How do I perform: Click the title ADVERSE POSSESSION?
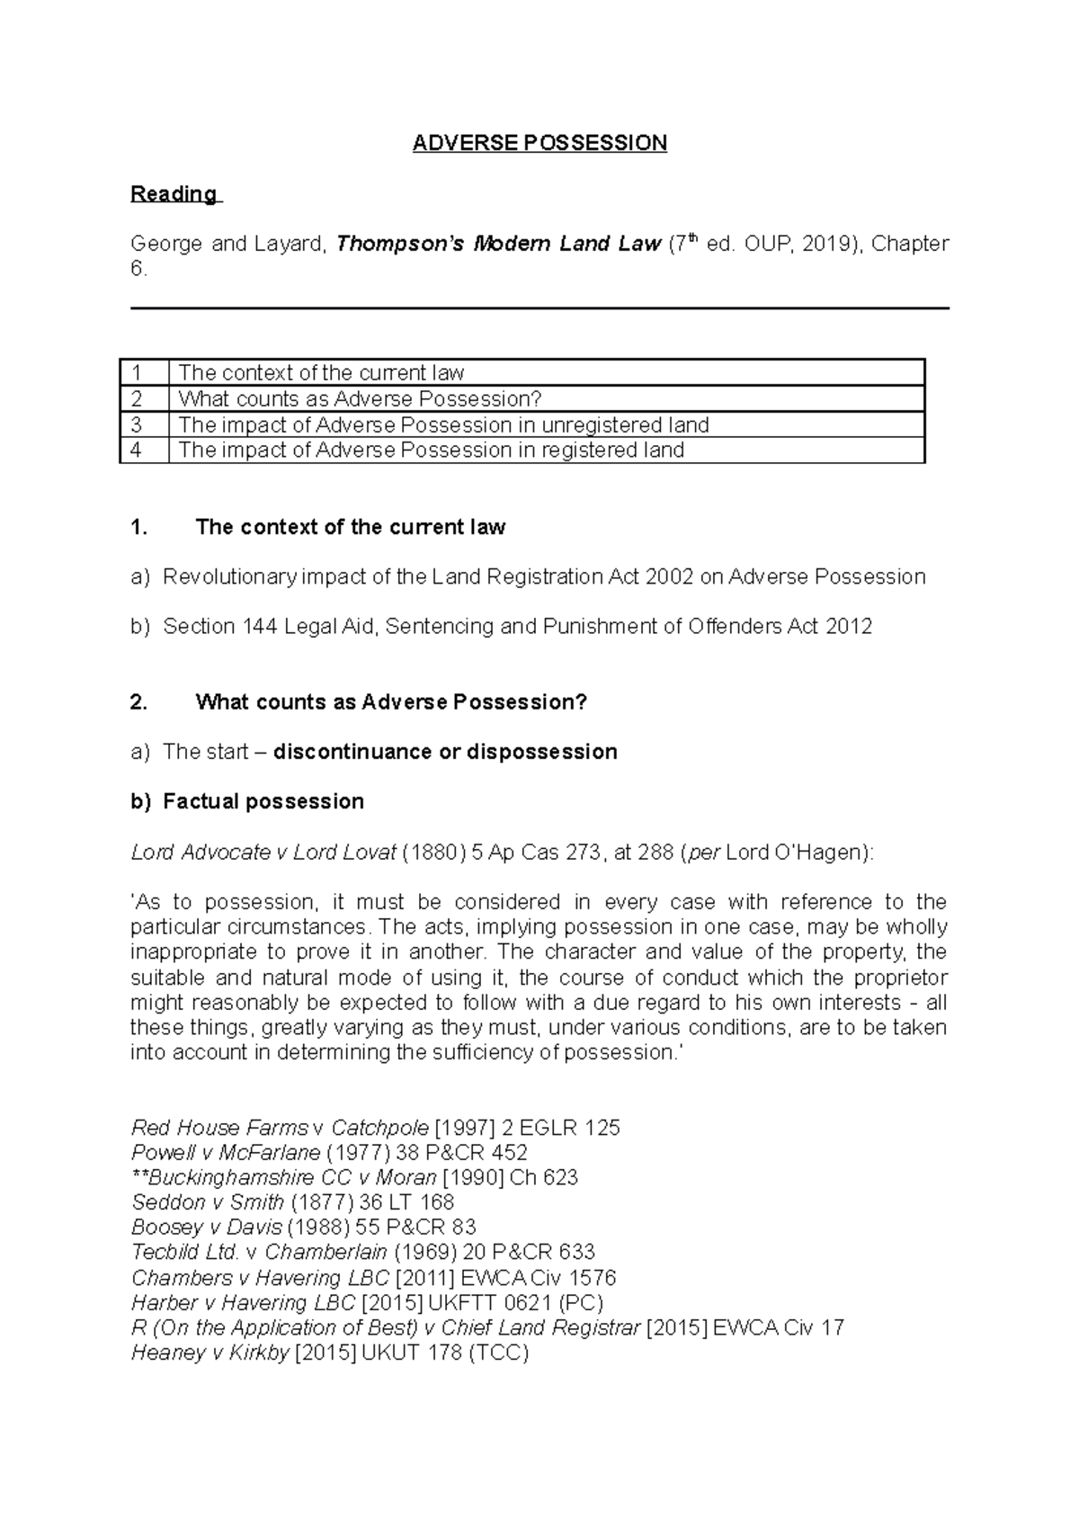(x=539, y=143)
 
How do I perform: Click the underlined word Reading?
(x=174, y=194)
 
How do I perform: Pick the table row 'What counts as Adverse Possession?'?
(x=360, y=398)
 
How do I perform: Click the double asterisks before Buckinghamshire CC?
(x=139, y=1177)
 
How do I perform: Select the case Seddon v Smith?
(x=208, y=1202)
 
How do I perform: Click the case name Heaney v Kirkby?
(x=210, y=1353)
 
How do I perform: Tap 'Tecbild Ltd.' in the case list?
(x=185, y=1253)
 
